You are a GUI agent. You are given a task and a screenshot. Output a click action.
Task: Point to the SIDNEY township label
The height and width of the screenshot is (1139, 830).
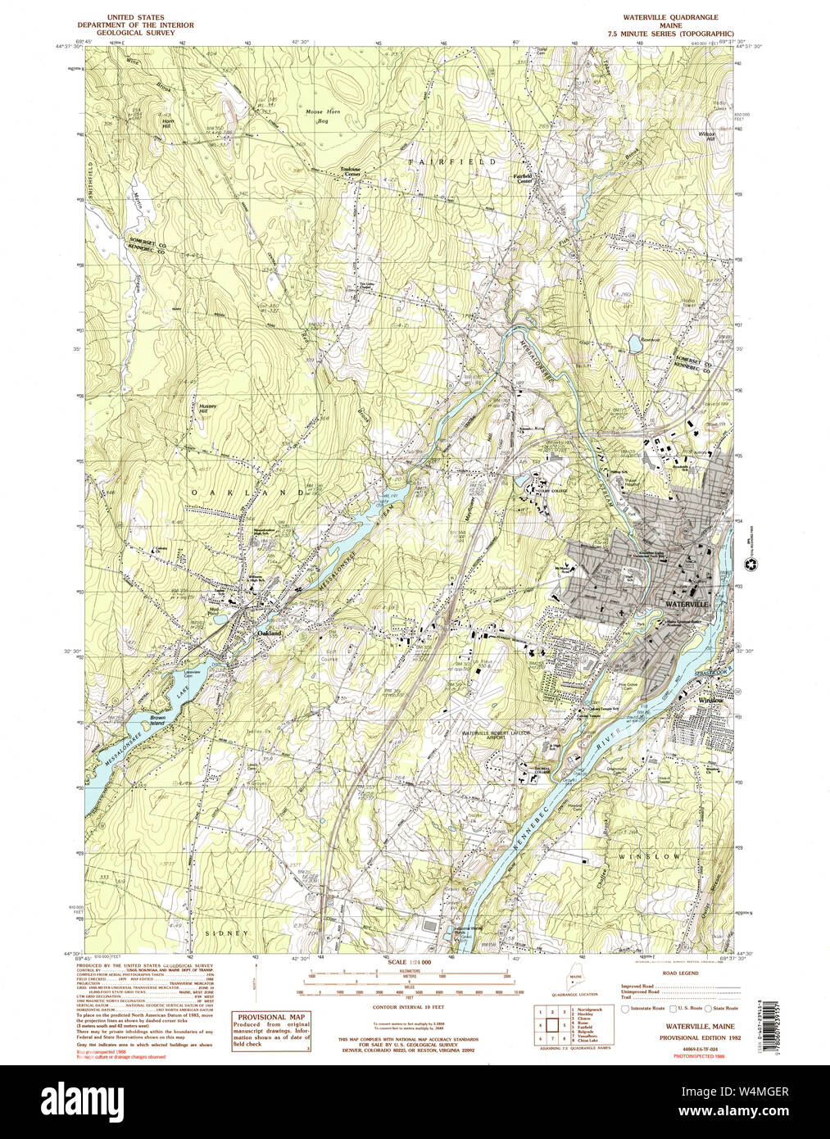[225, 933]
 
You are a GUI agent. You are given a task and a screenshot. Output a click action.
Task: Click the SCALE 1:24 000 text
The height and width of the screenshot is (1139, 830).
[408, 961]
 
